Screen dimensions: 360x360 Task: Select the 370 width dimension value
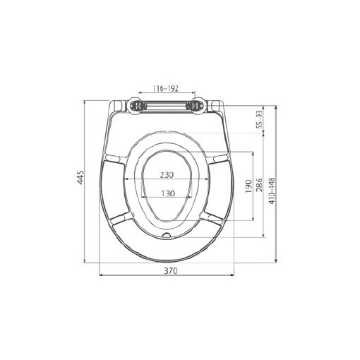tap(168, 271)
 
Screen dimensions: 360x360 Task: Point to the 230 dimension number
tap(167, 174)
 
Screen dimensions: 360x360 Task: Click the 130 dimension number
tap(167, 193)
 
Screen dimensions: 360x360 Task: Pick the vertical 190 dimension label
tap(248, 186)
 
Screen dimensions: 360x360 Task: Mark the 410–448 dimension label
tap(272, 191)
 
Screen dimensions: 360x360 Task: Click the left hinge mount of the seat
tap(135, 105)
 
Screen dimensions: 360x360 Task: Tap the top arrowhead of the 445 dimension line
tap(86, 101)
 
